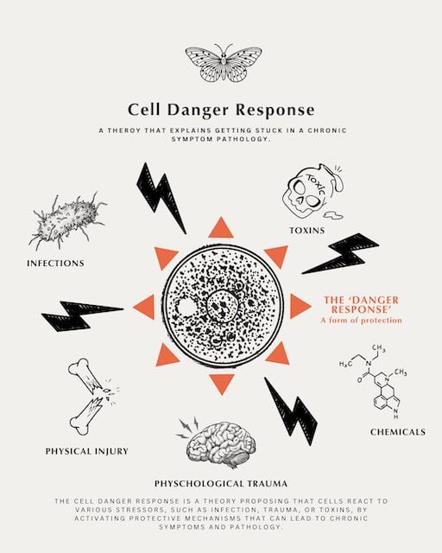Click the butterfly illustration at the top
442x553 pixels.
point(224,63)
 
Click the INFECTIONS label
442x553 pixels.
point(56,263)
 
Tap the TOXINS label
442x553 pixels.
point(307,231)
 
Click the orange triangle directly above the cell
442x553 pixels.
point(221,228)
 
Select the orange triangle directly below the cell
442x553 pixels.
point(221,384)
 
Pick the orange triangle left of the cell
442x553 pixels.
point(145,307)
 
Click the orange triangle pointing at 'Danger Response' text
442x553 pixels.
point(300,306)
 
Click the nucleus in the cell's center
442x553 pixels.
point(221,305)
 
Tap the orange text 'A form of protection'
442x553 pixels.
point(362,321)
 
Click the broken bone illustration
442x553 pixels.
point(92,396)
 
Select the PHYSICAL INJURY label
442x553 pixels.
point(87,451)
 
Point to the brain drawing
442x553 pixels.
point(219,442)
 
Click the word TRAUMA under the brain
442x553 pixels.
point(267,484)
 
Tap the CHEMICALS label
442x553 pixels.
point(398,432)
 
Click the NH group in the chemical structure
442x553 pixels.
point(395,414)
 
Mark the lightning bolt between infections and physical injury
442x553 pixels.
point(82,315)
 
